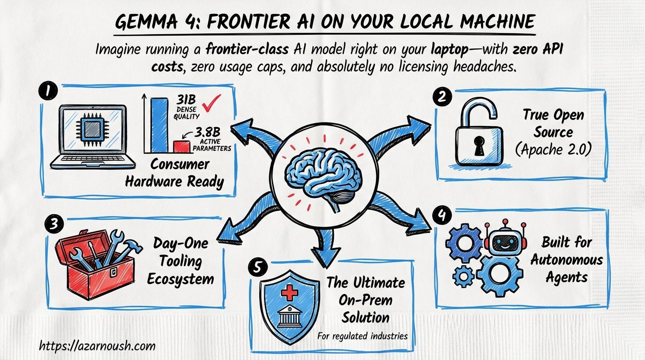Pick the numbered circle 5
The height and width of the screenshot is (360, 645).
point(258,268)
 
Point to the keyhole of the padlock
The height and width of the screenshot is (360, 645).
point(478,146)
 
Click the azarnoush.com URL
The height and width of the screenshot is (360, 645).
point(97,346)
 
